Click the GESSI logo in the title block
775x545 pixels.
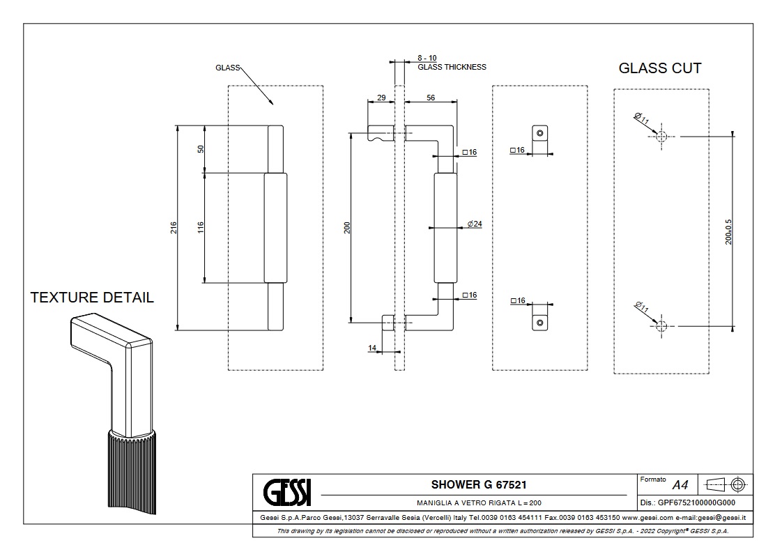[286, 492]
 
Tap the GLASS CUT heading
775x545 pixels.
[660, 68]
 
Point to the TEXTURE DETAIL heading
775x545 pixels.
[92, 298]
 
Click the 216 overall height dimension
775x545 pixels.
[174, 227]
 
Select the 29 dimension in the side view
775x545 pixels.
[381, 98]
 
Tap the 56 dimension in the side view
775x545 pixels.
[430, 98]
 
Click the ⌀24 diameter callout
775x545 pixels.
[475, 224]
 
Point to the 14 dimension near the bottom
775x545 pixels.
[371, 346]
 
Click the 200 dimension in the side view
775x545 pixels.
[347, 227]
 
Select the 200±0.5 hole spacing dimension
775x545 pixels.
[728, 229]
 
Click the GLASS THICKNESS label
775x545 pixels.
[452, 67]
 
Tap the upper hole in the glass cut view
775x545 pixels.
[661, 137]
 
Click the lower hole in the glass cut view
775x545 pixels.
[661, 325]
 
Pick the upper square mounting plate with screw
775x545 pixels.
[539, 133]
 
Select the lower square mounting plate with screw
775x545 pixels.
[539, 323]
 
